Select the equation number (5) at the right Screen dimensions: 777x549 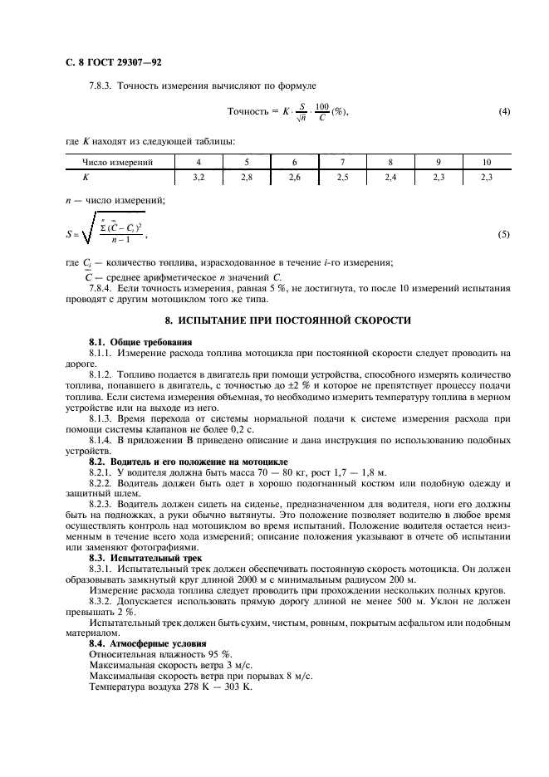tap(503, 235)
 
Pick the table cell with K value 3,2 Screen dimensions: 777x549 tap(198, 177)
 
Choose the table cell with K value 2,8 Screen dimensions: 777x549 tap(246, 177)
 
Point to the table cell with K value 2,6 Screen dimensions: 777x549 tap(294, 177)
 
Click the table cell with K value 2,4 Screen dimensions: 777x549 tap(390, 177)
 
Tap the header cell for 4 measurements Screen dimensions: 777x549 tap(198, 162)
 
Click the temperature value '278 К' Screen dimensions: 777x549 tap(199, 687)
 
